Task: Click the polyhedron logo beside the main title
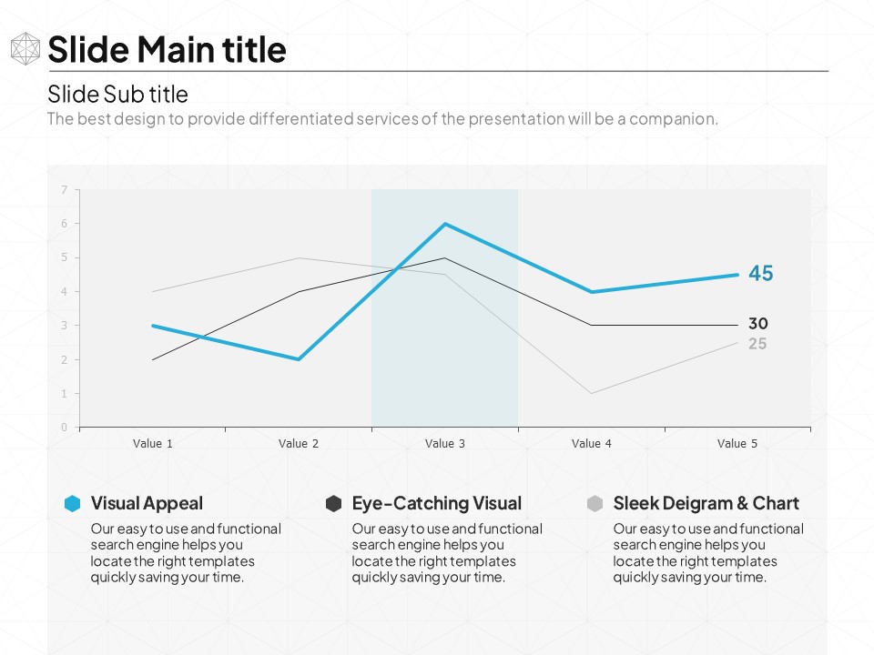25,49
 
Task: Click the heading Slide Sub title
117,94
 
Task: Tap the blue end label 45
761,273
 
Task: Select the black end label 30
758,323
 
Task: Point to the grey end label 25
757,344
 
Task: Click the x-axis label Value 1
153,444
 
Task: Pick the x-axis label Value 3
445,444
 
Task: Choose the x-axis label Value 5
737,444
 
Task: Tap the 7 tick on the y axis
65,189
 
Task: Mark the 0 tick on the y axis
65,428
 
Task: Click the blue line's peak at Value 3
445,224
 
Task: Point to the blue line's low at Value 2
299,359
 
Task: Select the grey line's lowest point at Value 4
592,393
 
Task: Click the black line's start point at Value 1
153,359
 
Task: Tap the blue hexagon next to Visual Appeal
73,504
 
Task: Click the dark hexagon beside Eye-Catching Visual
334,504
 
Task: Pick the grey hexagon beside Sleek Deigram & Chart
595,504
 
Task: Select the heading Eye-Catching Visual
437,503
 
